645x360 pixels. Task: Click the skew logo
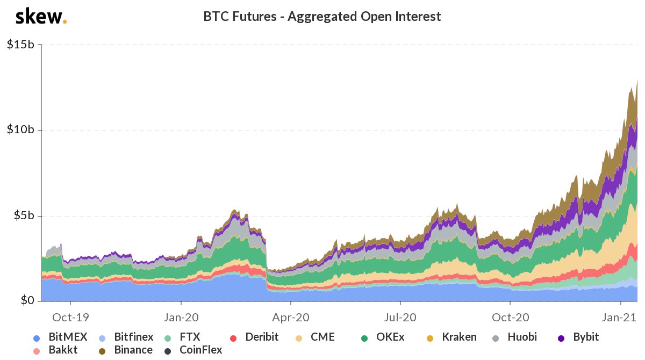tap(41, 17)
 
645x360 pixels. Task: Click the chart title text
tap(322, 17)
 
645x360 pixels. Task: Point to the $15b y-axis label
tap(20, 45)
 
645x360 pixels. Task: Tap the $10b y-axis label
tap(20, 130)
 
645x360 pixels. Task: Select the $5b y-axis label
tap(23, 216)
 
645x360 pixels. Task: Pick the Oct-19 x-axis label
tap(70, 317)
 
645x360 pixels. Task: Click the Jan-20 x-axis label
tap(181, 317)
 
